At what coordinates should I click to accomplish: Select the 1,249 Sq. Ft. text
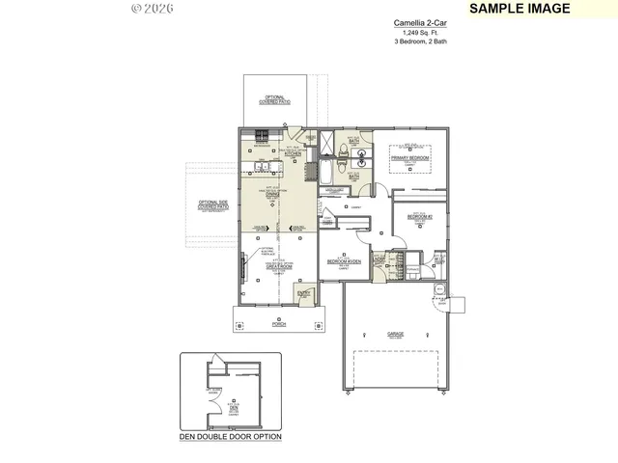pos(420,33)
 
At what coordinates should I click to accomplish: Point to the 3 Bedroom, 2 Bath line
pos(420,41)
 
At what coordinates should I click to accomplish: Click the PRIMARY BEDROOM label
pos(409,155)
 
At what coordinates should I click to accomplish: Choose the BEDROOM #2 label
pos(419,218)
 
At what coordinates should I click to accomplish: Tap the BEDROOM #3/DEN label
pos(343,261)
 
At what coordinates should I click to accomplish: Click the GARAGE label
pos(396,334)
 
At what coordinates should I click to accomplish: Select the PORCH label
pos(278,324)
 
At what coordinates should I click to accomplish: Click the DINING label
pos(273,194)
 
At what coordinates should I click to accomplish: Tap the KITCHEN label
pos(294,153)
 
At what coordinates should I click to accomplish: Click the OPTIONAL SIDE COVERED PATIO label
pos(212,204)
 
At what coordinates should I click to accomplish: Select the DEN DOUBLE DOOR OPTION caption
pos(231,437)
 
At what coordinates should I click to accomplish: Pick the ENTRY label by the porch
pos(303,293)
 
